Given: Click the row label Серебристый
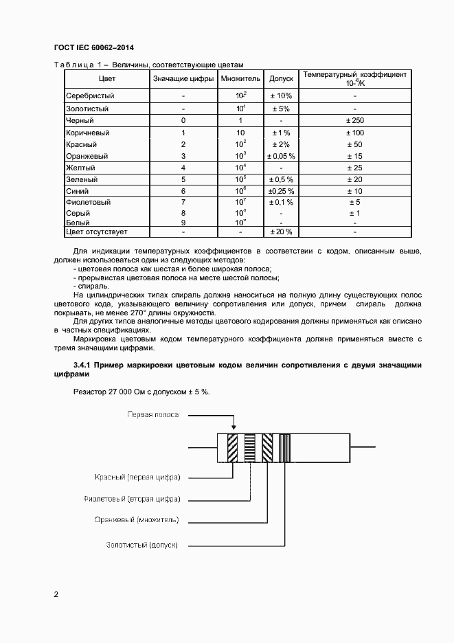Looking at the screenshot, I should pos(90,95).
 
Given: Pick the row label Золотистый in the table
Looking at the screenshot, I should pos(87,109).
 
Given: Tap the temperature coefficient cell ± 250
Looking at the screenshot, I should pos(354,120).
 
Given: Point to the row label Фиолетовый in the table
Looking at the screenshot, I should pos(88,203).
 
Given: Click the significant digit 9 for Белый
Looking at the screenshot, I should pos(183,223).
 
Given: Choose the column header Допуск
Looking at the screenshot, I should pos(282,79).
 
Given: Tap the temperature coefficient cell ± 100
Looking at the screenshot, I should pos(354,133).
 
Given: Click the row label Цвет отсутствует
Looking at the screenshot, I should pos(96,232).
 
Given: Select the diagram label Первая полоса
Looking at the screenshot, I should pos(152,414).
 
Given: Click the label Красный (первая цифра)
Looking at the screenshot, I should pos(137,476).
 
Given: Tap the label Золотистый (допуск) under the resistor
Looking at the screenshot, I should pos(141,545).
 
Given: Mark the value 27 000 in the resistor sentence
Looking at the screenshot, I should pos(119,391).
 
